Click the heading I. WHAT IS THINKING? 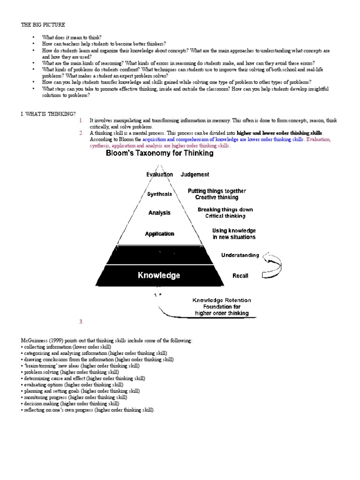click(49, 113)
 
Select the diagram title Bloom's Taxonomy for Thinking click(160, 153)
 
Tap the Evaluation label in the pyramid click(159, 174)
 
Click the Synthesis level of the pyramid click(159, 194)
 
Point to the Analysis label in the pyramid click(159, 213)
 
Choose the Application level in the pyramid click(159, 233)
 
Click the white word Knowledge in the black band click(159, 276)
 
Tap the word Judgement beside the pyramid click(195, 174)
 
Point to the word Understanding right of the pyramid click(240, 255)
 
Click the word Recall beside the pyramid click(240, 276)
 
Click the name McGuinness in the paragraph click(34, 340)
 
